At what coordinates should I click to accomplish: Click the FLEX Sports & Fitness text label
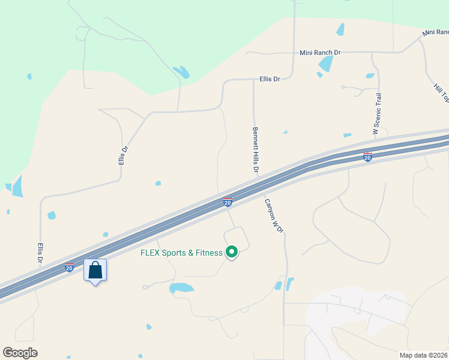(x=181, y=253)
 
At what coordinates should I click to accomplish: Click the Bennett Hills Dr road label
(x=255, y=150)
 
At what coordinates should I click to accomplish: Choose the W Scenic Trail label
(x=377, y=113)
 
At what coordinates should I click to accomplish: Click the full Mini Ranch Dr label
(x=320, y=53)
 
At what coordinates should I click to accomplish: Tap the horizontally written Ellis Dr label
(x=270, y=79)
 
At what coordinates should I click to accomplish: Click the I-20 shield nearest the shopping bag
(x=70, y=268)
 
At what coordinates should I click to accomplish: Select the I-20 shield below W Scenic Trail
(x=368, y=157)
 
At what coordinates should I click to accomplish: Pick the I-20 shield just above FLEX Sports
(x=228, y=202)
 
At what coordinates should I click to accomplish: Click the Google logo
(x=20, y=353)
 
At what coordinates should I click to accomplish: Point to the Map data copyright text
(x=424, y=355)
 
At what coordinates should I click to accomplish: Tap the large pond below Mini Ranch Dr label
(x=326, y=64)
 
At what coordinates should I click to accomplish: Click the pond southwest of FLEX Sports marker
(x=181, y=288)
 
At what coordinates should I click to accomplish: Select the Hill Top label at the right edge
(x=442, y=90)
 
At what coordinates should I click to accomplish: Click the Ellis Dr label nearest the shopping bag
(x=40, y=253)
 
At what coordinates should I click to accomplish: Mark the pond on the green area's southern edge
(x=181, y=73)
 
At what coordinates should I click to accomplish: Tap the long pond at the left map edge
(x=17, y=186)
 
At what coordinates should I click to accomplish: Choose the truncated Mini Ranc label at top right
(x=435, y=32)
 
